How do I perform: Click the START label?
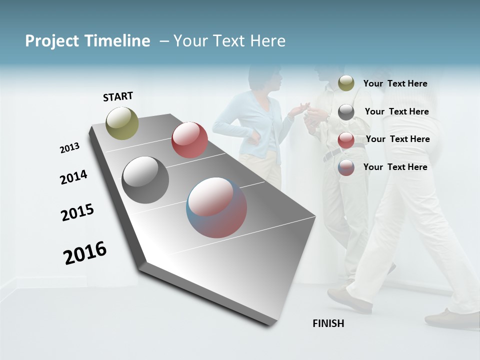(x=118, y=96)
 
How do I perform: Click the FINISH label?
(x=328, y=323)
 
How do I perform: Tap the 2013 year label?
(x=69, y=148)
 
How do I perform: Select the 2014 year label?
(x=73, y=177)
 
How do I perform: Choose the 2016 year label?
(x=85, y=253)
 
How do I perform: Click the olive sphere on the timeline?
(x=122, y=123)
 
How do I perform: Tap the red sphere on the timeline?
(x=189, y=140)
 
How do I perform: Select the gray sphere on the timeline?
(x=145, y=180)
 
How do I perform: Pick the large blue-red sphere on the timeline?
(x=216, y=207)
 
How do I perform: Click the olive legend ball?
(x=346, y=83)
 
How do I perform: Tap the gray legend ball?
(x=346, y=112)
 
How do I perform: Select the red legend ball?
(x=346, y=140)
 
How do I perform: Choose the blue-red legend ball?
(x=346, y=167)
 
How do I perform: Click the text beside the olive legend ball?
(x=395, y=83)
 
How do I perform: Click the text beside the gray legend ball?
(x=396, y=111)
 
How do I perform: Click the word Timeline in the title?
(x=117, y=41)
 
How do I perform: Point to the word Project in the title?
(x=52, y=41)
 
